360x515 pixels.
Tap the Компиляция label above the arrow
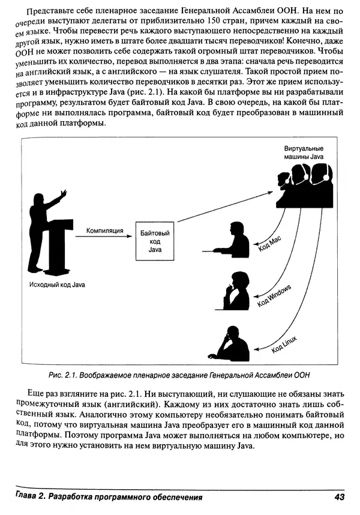pos(104,230)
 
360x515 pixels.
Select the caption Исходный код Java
pos(57,285)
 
